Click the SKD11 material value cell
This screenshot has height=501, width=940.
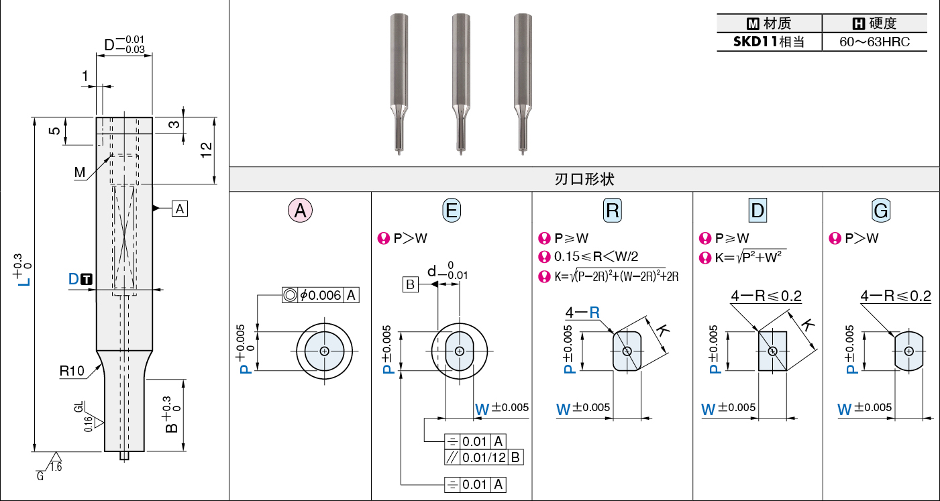(769, 42)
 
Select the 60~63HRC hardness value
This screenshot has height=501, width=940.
(874, 42)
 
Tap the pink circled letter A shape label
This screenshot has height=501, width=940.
(300, 210)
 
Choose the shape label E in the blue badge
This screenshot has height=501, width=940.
(452, 210)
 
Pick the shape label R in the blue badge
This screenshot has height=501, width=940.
(613, 210)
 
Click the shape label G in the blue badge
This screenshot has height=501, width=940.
(881, 210)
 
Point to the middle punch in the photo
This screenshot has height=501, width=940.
(461, 84)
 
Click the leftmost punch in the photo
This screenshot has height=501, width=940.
(399, 84)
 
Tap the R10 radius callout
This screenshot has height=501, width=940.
(72, 371)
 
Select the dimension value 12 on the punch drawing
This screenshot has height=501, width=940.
(207, 150)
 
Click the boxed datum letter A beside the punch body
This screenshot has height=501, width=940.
(180, 209)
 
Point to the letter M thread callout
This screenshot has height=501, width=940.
(80, 172)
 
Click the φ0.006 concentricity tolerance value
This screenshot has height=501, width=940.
(320, 295)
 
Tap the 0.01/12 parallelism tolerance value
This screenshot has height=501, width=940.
(484, 457)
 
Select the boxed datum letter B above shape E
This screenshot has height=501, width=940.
(411, 284)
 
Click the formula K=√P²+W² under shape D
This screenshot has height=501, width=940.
(750, 257)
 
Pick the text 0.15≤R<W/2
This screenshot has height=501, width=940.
(596, 256)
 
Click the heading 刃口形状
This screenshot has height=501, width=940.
(584, 179)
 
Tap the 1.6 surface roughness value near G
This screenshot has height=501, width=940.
(56, 467)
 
